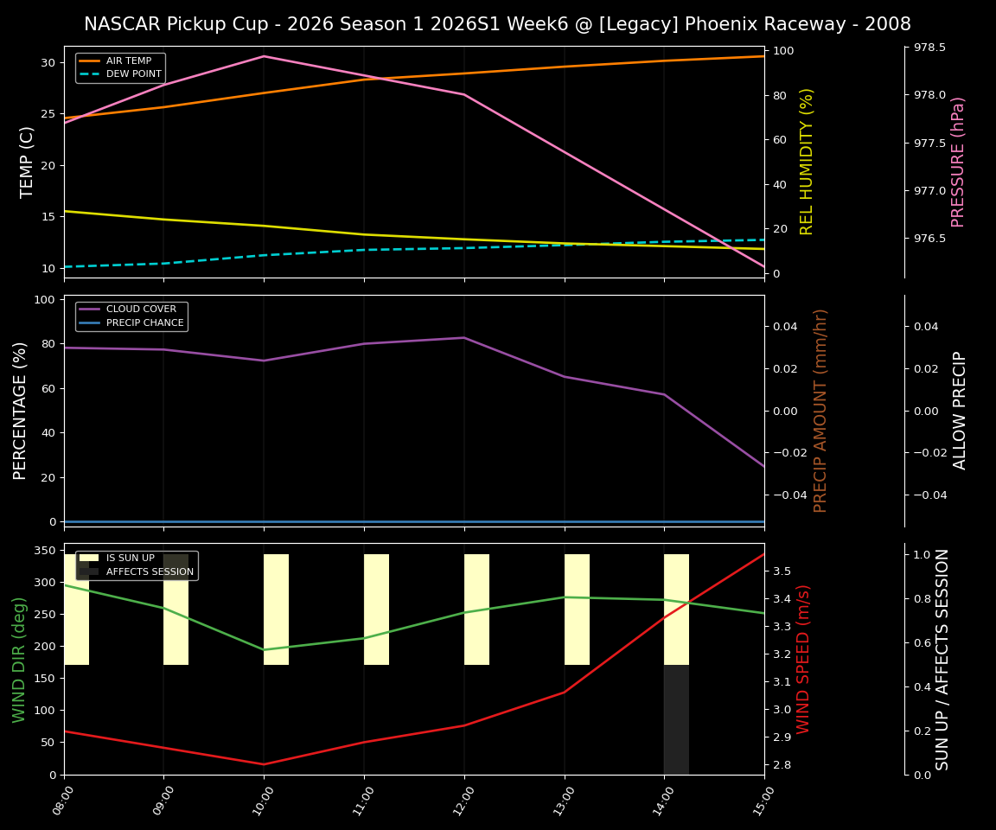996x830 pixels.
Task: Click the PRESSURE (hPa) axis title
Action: coord(957,162)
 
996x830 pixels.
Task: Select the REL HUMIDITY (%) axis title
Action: coord(807,162)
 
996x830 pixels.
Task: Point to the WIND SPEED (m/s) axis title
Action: coord(803,659)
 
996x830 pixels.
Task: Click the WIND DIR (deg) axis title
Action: coord(19,659)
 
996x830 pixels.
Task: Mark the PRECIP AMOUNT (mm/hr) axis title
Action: coord(820,411)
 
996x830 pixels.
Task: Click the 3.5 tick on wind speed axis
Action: coord(782,571)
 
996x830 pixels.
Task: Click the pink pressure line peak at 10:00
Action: coord(264,56)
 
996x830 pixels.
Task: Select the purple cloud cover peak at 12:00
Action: coord(464,337)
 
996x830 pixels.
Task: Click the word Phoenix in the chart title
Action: coord(719,24)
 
